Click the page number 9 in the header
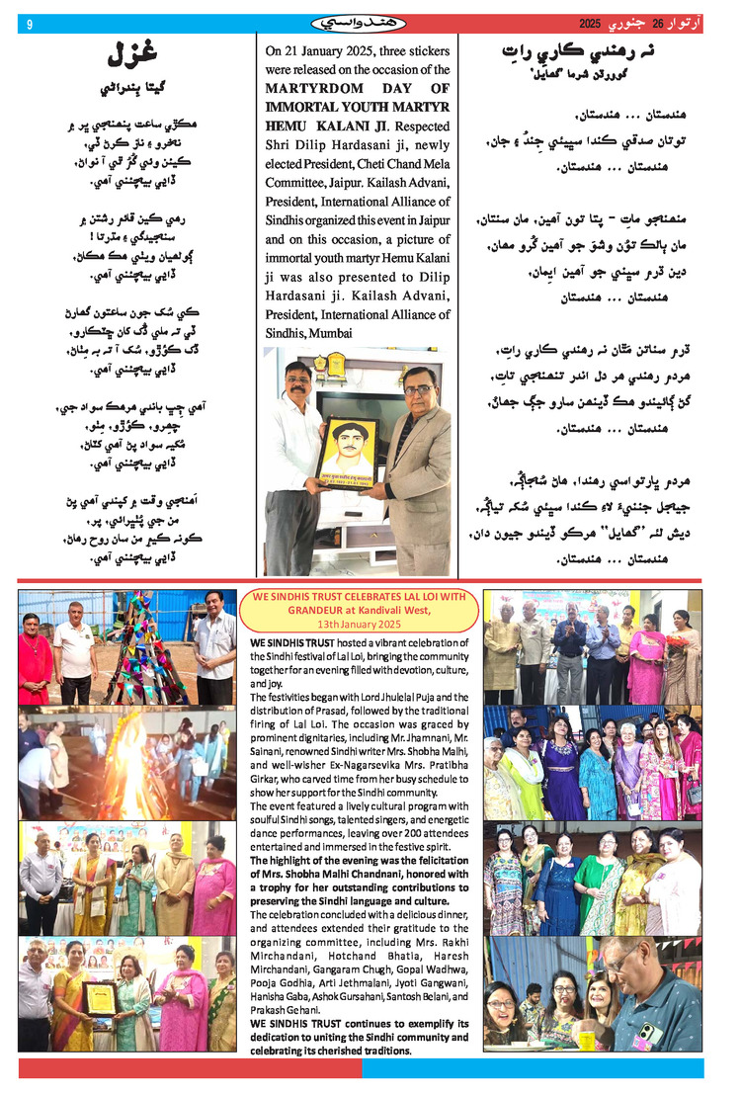pyautogui.click(x=30, y=23)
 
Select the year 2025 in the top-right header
pyautogui.click(x=589, y=23)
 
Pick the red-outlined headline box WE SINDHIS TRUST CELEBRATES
pyautogui.click(x=361, y=610)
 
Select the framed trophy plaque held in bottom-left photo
pyautogui.click(x=98, y=997)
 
